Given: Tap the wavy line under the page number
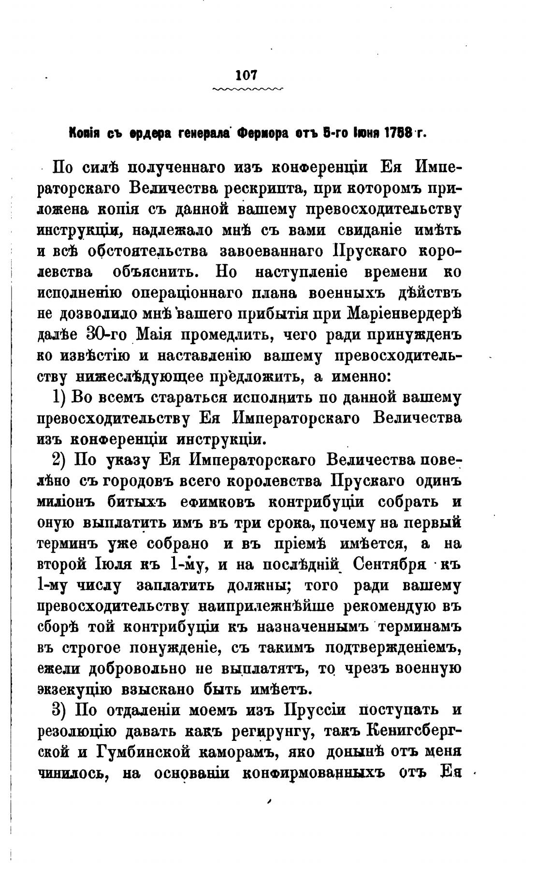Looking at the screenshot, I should click(x=247, y=89).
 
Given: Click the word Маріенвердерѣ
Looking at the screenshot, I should click(x=404, y=314).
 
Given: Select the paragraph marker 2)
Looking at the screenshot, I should click(x=61, y=460).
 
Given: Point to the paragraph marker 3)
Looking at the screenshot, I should click(x=61, y=710).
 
